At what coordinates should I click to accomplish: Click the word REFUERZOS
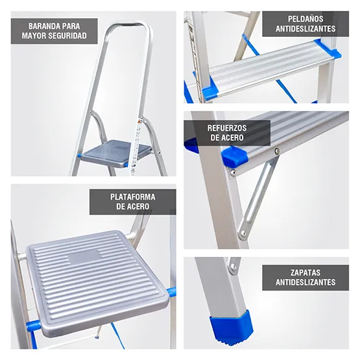226,128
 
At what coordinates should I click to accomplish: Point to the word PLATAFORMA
132,197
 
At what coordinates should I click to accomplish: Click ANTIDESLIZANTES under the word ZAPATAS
305,282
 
